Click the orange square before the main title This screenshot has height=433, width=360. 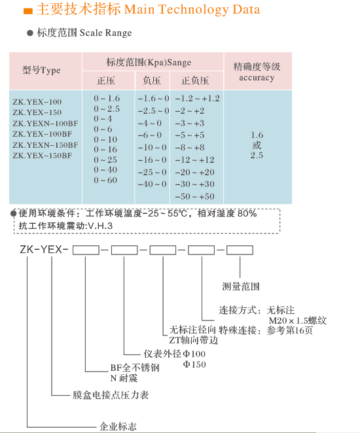click(28, 11)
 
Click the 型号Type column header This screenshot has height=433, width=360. click(41, 70)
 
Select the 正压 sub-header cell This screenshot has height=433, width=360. click(106, 80)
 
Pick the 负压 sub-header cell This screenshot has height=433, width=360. click(152, 80)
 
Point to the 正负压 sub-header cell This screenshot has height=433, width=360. click(195, 80)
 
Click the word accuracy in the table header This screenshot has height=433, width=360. click(257, 78)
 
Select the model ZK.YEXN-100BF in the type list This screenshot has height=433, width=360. click(45, 123)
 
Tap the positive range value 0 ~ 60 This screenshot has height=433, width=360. click(105, 180)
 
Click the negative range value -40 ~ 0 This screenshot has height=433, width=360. click(153, 184)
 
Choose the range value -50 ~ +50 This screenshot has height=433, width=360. click(195, 196)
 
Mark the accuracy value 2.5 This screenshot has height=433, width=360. click(257, 155)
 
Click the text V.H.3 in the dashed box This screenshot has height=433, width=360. click(100, 226)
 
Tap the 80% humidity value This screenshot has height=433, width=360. click(247, 213)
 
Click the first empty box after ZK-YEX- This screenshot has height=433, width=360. click(86, 250)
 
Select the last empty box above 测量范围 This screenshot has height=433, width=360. click(240, 250)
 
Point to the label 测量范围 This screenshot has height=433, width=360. click(241, 286)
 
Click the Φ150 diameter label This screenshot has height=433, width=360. click(194, 364)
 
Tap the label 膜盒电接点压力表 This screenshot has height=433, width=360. click(111, 395)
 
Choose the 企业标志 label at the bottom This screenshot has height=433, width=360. click(118, 426)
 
